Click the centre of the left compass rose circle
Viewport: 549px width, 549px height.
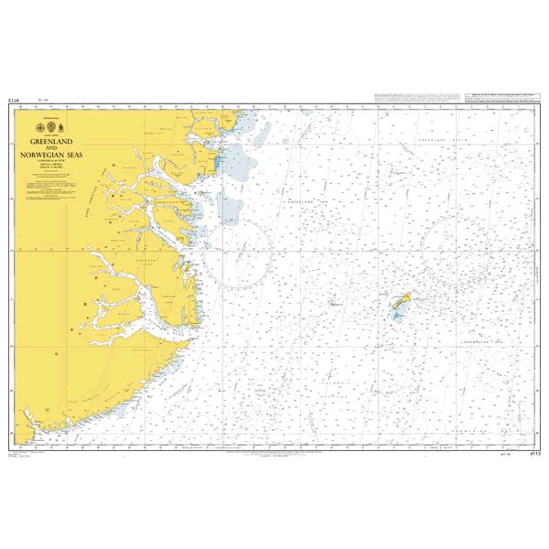coord(237,253)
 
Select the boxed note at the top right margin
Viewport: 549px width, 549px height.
coord(480,99)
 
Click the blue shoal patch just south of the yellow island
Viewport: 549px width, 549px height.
coord(397,314)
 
